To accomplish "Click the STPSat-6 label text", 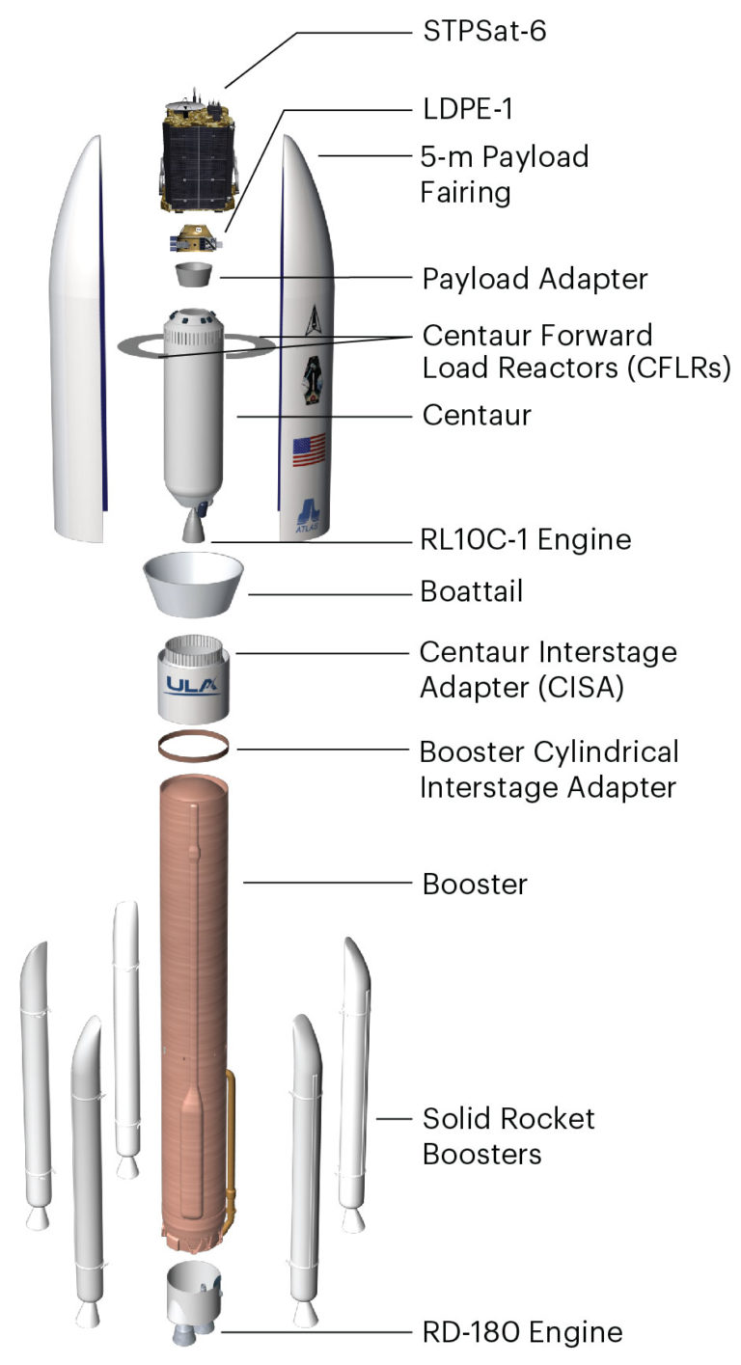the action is [x=484, y=31].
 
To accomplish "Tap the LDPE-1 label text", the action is [x=467, y=109].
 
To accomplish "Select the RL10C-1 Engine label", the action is [x=526, y=539].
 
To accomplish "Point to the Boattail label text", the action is [x=472, y=591].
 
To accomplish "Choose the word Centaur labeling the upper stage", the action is [x=478, y=415].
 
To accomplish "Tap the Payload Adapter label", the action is [x=535, y=279].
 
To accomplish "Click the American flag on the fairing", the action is [x=309, y=450].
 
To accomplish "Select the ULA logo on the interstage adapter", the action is [x=193, y=686].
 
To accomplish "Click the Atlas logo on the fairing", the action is [x=308, y=515].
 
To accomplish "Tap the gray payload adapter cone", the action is [x=194, y=274].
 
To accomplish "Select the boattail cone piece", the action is [x=193, y=584].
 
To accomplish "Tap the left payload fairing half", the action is [x=79, y=341].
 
